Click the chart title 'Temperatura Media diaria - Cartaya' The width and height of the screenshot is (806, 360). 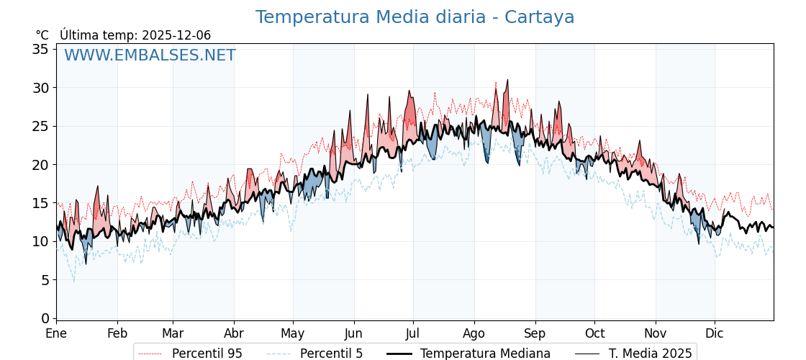[415, 17]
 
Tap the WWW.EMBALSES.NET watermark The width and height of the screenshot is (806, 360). [150, 55]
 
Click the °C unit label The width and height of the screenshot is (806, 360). [42, 35]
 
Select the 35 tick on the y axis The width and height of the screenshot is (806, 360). [40, 49]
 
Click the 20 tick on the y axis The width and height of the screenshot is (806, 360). [40, 164]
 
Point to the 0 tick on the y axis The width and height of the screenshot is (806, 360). [45, 318]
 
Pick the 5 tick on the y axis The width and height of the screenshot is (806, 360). [45, 279]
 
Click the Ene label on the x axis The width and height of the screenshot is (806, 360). [56, 333]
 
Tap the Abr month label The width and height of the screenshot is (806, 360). [234, 333]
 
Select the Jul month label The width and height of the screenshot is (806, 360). [413, 333]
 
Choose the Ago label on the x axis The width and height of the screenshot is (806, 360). [474, 333]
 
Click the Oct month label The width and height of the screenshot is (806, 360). [594, 333]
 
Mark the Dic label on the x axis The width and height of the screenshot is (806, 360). [715, 333]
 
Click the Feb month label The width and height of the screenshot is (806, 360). [117, 333]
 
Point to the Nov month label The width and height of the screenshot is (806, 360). [656, 333]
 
